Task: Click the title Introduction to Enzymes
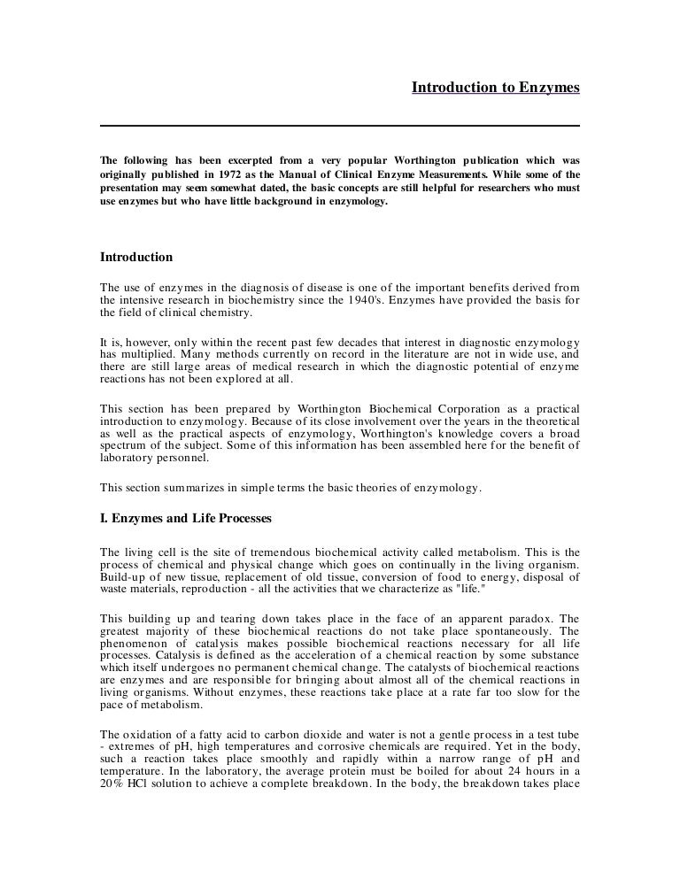(x=495, y=88)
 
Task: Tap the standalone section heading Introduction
(x=135, y=258)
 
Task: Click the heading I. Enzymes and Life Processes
(x=186, y=517)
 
